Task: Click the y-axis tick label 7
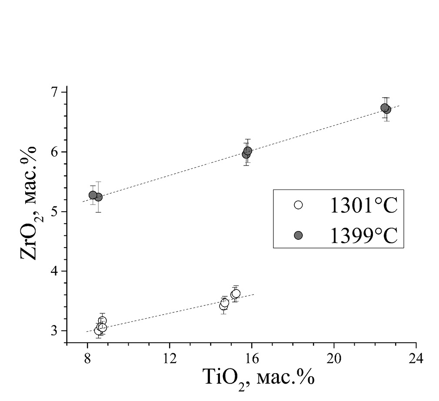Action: click(x=56, y=92)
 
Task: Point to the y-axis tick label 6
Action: click(x=56, y=152)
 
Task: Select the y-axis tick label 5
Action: click(x=56, y=212)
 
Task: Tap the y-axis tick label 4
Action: click(x=56, y=271)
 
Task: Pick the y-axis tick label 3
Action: click(x=56, y=331)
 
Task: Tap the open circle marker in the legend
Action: click(x=298, y=205)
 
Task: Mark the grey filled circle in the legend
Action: click(x=298, y=235)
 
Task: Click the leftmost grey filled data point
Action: click(x=93, y=195)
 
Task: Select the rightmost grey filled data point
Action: click(x=387, y=109)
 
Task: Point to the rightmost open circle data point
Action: click(x=236, y=293)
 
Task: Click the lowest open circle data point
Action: click(x=98, y=331)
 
